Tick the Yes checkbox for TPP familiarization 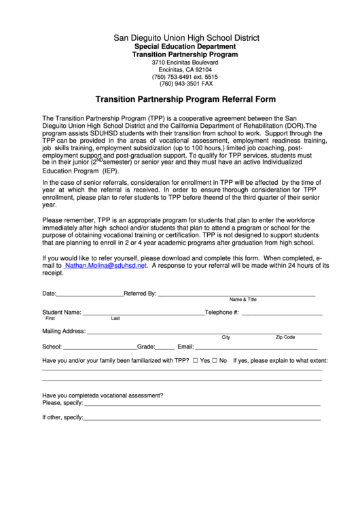point(196,360)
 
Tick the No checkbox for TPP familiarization point(215,360)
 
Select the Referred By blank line point(236,296)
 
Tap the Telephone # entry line point(281,314)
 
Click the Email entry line point(258,347)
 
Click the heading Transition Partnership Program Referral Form point(180,98)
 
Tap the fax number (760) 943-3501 point(180,84)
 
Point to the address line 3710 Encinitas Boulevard point(180,62)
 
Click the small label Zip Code point(285,337)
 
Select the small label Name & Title point(243,300)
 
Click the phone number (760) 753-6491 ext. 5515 point(180,76)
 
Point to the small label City point(226,337)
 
